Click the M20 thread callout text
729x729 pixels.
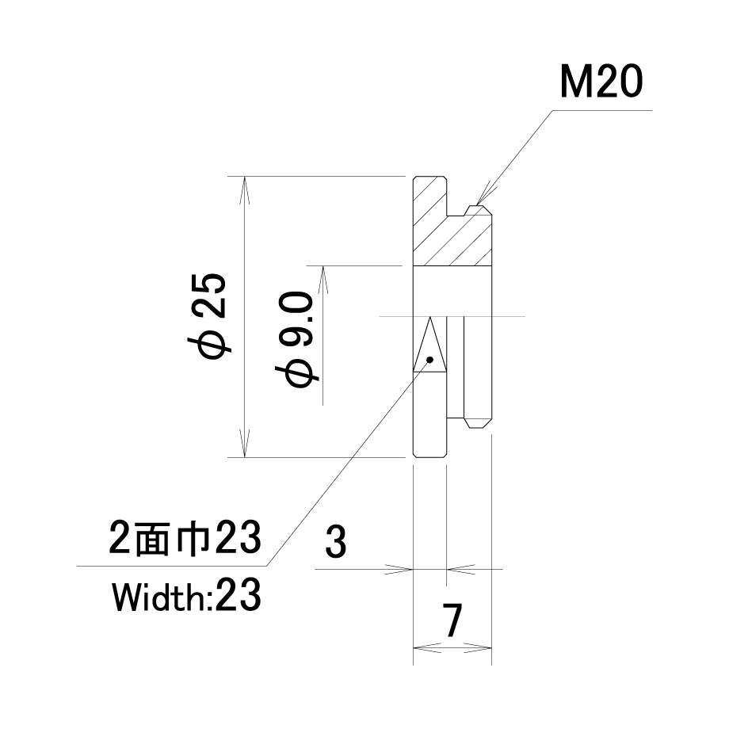coord(601,82)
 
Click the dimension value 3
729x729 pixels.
coord(336,542)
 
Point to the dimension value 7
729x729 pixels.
coord(452,620)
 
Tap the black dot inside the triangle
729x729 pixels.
coord(429,360)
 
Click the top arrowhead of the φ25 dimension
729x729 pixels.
coord(245,191)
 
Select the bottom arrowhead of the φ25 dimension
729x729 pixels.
coord(245,443)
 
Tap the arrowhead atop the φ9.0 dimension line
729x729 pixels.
coord(323,281)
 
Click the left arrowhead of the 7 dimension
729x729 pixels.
coord(427,647)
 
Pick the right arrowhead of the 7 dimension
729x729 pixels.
coord(478,647)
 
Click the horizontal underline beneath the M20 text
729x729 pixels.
coord(602,111)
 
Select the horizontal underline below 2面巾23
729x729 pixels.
coord(172,566)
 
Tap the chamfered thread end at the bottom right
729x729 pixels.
coord(479,422)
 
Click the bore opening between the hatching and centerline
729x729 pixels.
coord(452,291)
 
